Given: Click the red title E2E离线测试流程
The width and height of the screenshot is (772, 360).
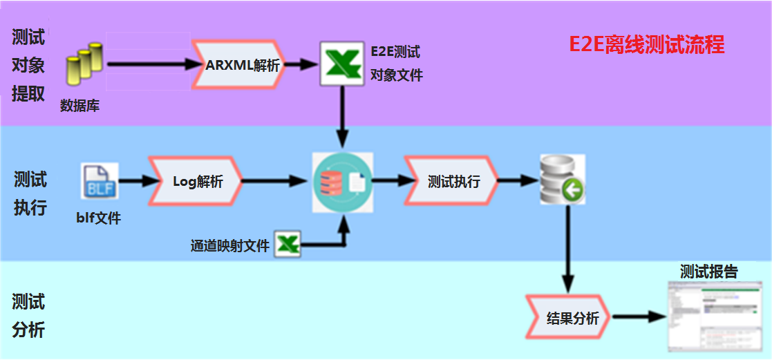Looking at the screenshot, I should pos(646,45).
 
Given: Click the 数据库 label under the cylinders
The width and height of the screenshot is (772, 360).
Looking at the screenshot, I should pos(80,106).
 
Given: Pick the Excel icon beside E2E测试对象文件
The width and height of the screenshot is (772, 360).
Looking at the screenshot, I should pos(341,64).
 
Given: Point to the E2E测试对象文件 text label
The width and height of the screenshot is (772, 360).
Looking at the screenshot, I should pos(395,64).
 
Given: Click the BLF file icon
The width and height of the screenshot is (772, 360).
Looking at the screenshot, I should pos(99,182).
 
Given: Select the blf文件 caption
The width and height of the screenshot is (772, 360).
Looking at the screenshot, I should pos(98,218).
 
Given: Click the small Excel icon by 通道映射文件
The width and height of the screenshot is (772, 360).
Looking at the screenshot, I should pos(288,244).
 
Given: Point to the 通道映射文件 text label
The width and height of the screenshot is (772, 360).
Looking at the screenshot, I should pos(229,245).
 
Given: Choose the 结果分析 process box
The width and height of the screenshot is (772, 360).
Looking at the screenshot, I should pos(568,318).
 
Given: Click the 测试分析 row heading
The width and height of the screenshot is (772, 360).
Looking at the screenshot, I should pos(28,316).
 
